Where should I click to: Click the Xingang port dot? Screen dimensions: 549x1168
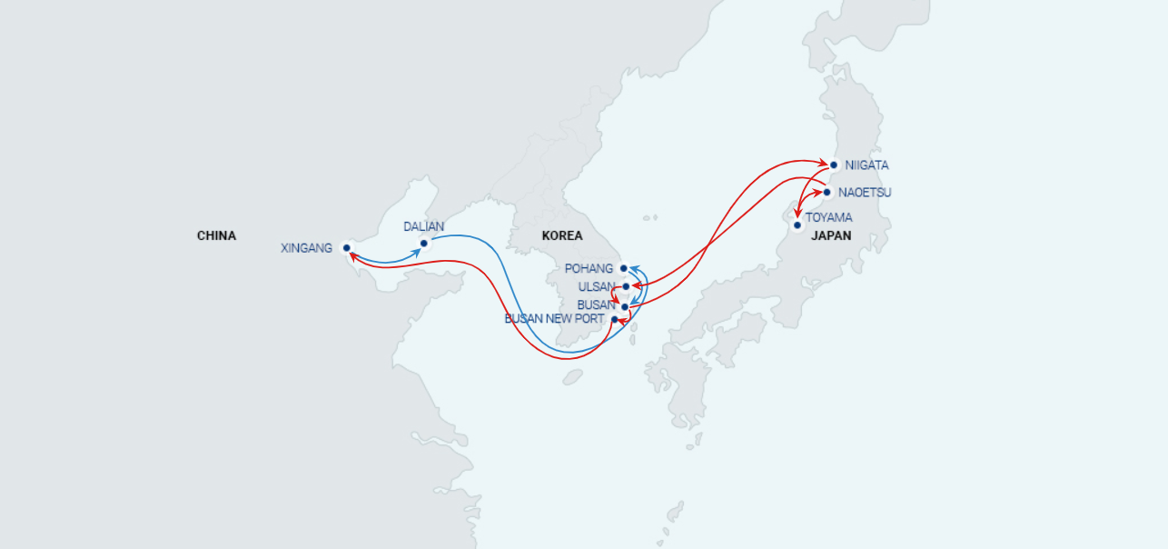347,247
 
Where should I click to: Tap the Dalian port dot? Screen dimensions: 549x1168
424,243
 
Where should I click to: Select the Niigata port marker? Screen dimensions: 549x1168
834,165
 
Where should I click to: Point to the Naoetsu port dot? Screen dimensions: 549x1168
827,192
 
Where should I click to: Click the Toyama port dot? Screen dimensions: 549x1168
797,225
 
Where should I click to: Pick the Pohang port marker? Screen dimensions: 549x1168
624,268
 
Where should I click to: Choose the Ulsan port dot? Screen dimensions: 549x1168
626,286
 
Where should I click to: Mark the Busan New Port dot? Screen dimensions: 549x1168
615,319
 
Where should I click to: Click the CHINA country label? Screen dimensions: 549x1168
216,235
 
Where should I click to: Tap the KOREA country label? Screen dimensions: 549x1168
562,235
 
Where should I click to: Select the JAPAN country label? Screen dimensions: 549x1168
831,235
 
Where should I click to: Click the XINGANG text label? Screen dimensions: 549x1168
307,248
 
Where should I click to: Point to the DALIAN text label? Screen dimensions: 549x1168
424,226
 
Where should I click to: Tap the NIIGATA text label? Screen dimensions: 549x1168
866,165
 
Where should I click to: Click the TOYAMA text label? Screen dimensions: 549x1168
828,218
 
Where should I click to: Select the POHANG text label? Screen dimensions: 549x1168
589,268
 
